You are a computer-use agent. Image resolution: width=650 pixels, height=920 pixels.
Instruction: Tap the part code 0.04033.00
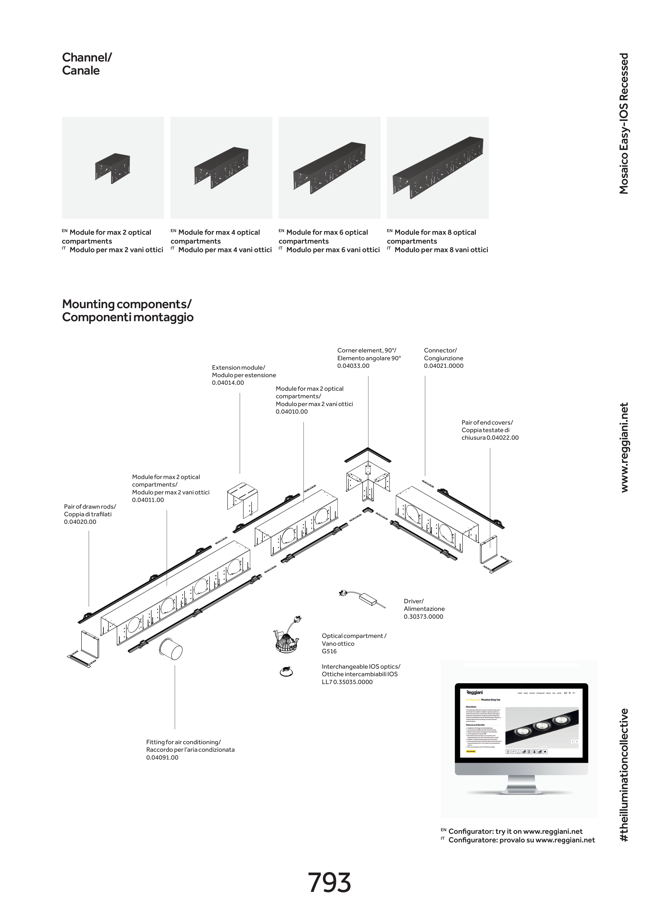coord(353,366)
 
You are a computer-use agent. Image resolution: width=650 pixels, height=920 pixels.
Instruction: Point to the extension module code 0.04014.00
coord(228,383)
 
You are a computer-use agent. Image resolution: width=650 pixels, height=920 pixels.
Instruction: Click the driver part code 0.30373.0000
coord(423,617)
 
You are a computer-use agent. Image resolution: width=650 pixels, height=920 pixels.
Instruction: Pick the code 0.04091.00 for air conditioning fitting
coord(162,757)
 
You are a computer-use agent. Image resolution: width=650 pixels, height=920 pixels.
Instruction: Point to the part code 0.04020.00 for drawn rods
coord(80,522)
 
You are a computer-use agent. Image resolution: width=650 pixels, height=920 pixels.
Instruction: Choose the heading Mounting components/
coord(127,304)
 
